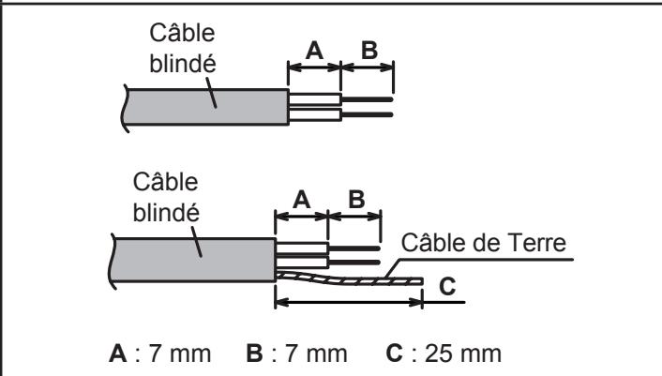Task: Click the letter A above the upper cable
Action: (x=314, y=51)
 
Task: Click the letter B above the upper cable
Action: (x=369, y=51)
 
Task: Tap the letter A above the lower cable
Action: (x=301, y=200)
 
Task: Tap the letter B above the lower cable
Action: (x=356, y=199)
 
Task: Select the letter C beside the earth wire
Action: (x=447, y=287)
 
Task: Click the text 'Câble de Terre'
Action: (x=484, y=243)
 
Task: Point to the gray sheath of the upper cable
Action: (x=206, y=107)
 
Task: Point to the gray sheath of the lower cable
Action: (x=193, y=260)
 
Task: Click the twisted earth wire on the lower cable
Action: (x=350, y=279)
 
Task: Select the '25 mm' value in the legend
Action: (x=463, y=353)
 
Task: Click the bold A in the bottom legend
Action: (x=118, y=353)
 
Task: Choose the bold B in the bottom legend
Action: (x=255, y=353)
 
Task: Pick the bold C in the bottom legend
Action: (x=395, y=353)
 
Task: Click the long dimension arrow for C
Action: (x=349, y=302)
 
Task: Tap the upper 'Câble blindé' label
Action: (x=183, y=48)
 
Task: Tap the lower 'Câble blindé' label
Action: (x=166, y=197)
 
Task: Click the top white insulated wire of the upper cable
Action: (x=315, y=99)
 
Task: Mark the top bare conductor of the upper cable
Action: (x=367, y=99)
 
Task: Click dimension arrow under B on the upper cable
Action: (x=367, y=68)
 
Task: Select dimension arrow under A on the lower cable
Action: (x=301, y=217)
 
